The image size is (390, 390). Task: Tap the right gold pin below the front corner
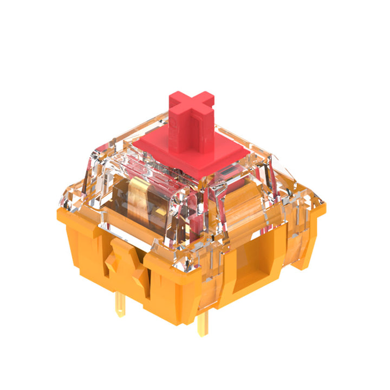(x=201, y=324)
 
